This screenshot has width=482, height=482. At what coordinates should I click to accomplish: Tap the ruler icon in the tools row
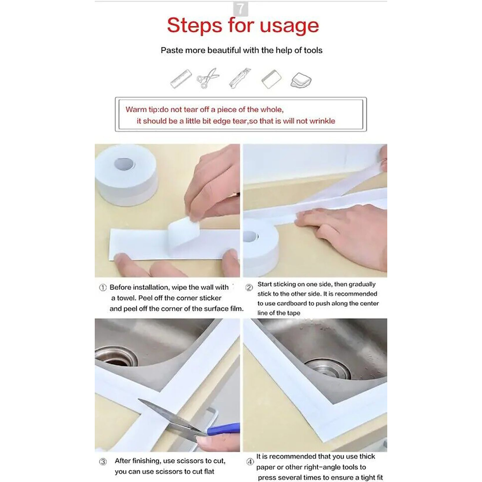tap(181, 79)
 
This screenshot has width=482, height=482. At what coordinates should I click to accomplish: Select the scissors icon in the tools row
tap(208, 78)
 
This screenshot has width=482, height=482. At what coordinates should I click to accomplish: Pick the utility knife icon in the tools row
tap(240, 78)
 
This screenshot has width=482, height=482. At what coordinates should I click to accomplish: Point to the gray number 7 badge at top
tap(241, 9)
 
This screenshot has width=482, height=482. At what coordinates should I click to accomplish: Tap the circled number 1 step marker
tap(103, 288)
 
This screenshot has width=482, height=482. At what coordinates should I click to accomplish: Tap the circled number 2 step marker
tap(249, 288)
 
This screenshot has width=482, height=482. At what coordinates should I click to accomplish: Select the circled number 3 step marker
tap(103, 462)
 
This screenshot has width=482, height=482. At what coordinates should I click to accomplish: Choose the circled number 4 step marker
tap(250, 462)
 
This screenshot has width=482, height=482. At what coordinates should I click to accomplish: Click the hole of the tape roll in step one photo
tap(124, 164)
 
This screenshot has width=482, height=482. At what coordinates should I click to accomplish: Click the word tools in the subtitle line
tap(313, 50)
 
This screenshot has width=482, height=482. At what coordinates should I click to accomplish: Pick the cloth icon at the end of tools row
tap(301, 80)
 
